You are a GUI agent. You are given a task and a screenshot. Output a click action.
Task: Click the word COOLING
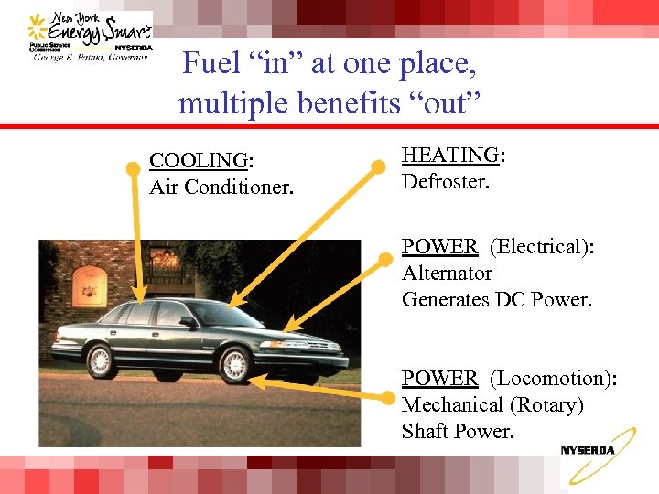coord(198,161)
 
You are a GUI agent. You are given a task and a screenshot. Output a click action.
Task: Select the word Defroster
coord(446,182)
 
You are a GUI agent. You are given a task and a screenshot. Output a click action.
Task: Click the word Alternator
coord(447,273)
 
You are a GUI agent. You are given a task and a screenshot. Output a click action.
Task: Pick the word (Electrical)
coord(540,246)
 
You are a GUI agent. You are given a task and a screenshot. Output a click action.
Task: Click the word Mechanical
coord(453,404)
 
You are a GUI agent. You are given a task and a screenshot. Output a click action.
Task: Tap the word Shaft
coord(427,431)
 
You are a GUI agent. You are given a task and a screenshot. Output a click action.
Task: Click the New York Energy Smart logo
coord(91,37)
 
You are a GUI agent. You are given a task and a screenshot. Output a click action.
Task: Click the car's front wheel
coord(235,365)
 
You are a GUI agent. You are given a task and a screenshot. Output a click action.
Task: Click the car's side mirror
coord(188,322)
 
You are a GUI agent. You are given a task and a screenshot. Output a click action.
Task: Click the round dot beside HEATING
coord(377,167)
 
